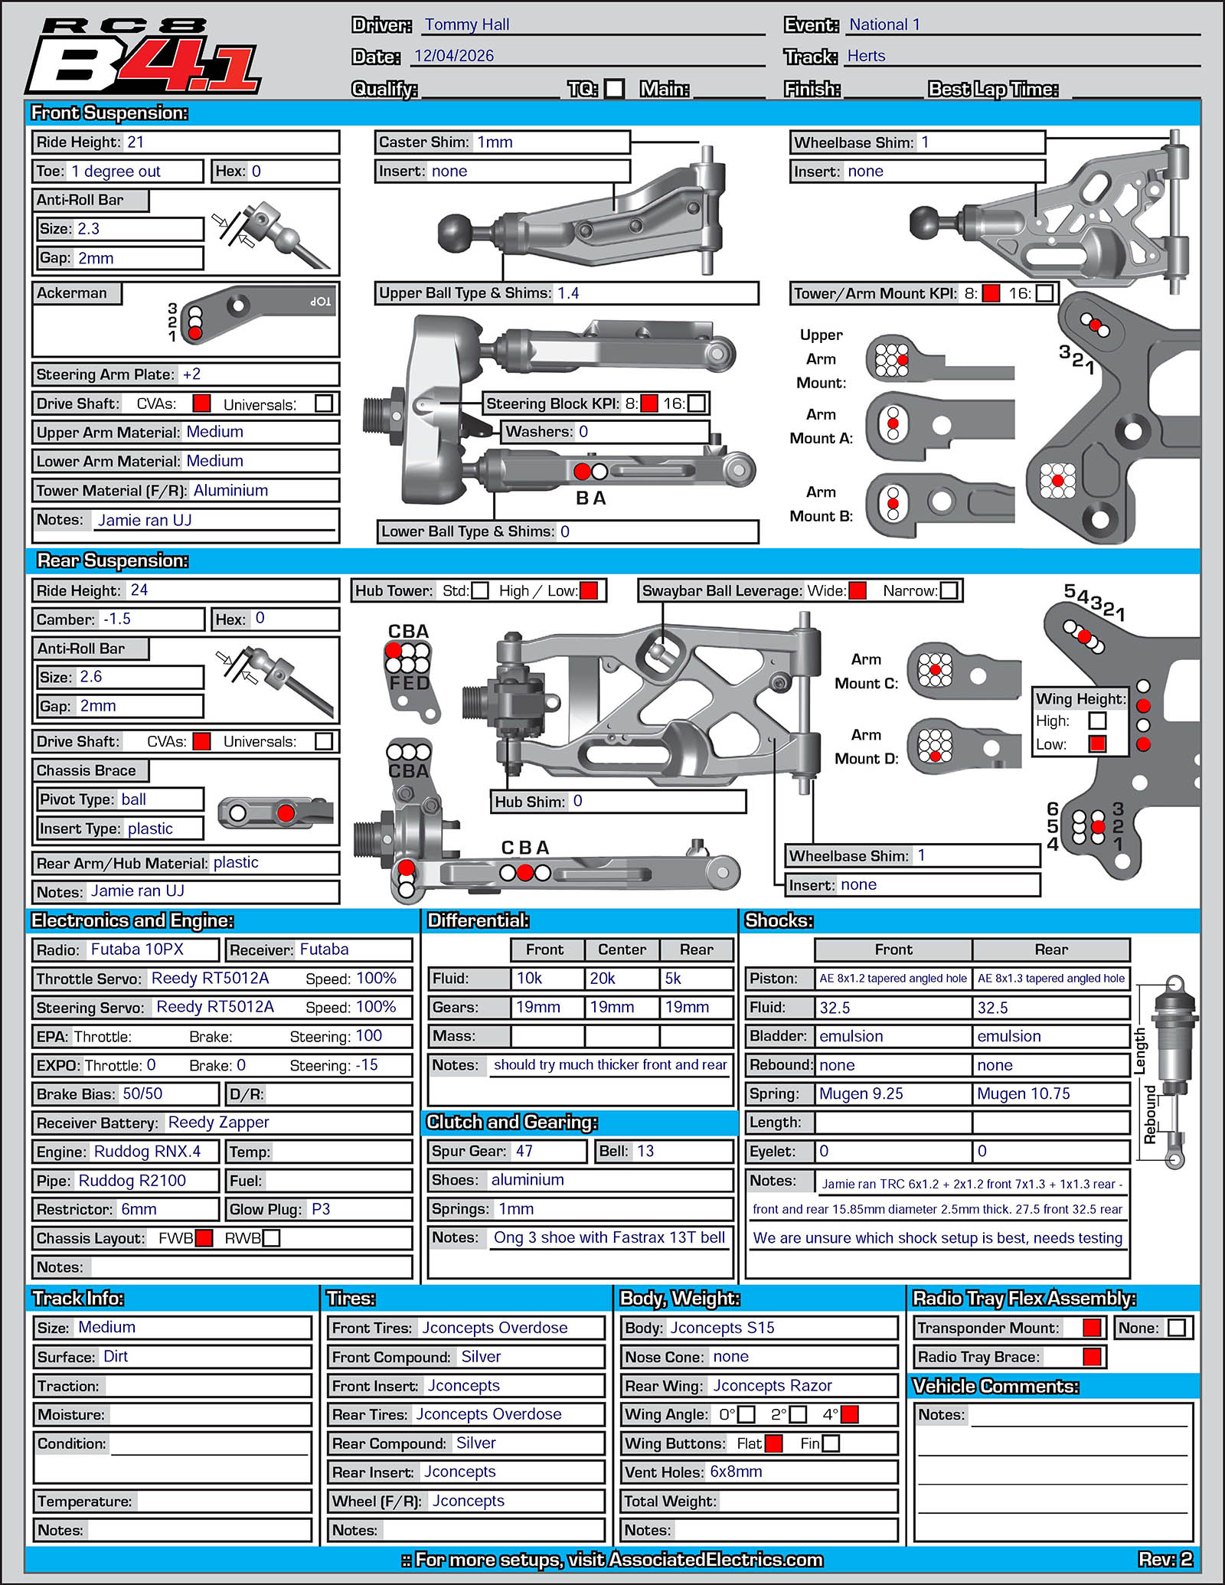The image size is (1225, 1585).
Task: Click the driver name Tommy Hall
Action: point(467,25)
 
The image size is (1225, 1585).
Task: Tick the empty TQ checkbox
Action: point(614,89)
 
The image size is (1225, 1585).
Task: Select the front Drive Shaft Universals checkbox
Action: point(324,404)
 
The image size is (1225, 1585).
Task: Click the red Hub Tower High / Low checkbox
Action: point(589,590)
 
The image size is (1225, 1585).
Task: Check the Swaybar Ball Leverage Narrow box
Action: point(949,590)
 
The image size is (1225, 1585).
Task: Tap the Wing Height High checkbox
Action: point(1097,721)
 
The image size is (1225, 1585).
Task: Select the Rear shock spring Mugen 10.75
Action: point(1024,1093)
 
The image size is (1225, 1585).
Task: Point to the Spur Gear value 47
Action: point(524,1151)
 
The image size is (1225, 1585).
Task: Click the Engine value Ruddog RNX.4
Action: point(147,1152)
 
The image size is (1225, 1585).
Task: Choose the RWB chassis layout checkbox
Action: point(271,1238)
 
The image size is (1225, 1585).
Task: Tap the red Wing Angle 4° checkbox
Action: point(849,1414)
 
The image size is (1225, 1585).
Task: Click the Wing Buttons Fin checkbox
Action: point(830,1443)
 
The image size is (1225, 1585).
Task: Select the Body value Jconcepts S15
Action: point(722,1328)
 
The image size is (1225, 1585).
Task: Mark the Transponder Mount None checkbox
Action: point(1177,1328)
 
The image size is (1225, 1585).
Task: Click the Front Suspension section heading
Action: point(109,113)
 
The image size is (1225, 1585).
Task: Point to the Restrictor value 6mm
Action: point(139,1209)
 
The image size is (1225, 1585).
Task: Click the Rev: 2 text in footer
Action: point(1165,1559)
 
